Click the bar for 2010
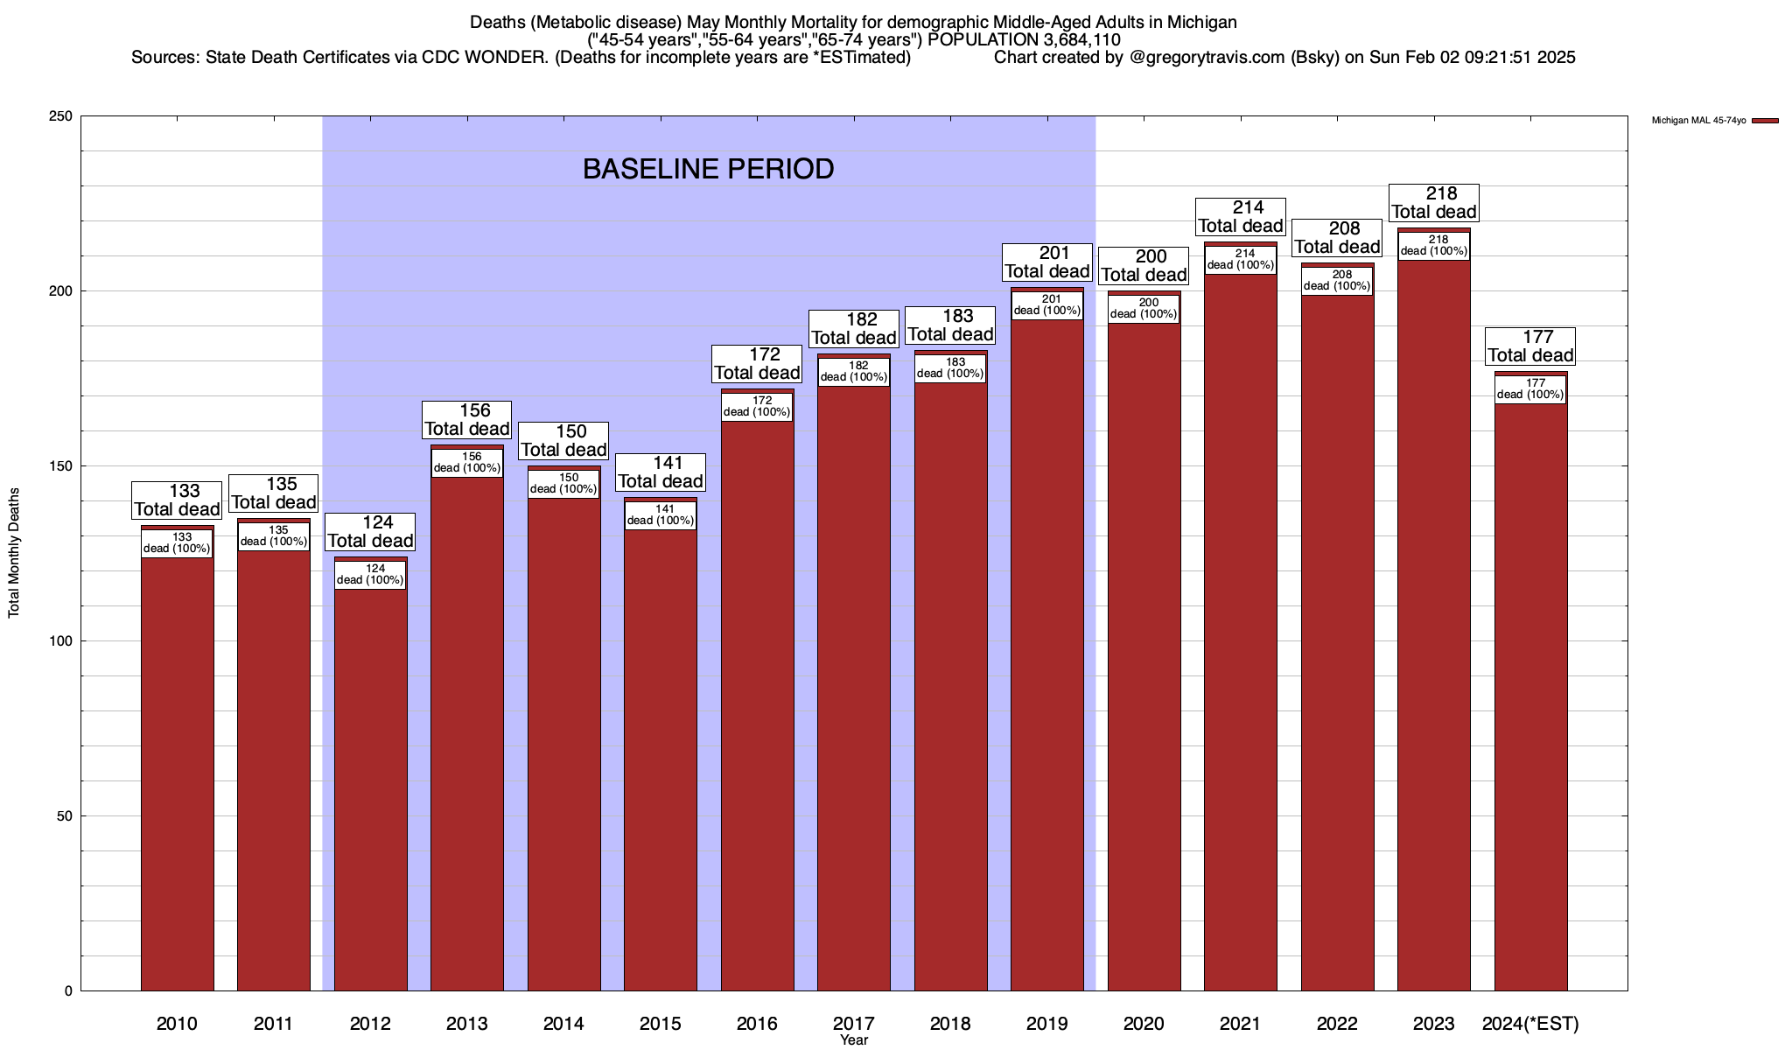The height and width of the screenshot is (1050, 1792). pos(177,770)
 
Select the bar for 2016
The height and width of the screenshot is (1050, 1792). pos(757,700)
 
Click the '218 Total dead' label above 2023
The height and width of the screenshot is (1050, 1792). pos(1434,203)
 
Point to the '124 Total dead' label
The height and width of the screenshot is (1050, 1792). pos(370,532)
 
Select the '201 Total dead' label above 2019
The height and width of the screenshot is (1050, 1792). pos(1047,262)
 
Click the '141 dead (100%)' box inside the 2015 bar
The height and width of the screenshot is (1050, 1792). pos(661,515)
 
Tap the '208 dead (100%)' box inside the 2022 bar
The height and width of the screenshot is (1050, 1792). pos(1337,281)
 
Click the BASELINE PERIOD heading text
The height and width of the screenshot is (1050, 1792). pos(708,169)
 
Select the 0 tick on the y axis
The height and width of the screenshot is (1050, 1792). pos(67,991)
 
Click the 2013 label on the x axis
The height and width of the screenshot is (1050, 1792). pos(466,1024)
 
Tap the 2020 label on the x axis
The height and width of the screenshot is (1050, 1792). pos(1144,1024)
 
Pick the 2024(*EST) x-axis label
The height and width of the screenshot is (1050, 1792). pos(1530,1024)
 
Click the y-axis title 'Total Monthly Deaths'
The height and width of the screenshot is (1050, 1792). pos(14,553)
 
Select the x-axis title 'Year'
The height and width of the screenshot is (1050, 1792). pos(854,1040)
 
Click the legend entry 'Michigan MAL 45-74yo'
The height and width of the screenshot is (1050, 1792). pos(1698,121)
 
